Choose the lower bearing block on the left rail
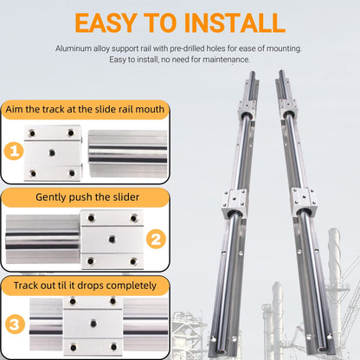pyautogui.click(x=235, y=201)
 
